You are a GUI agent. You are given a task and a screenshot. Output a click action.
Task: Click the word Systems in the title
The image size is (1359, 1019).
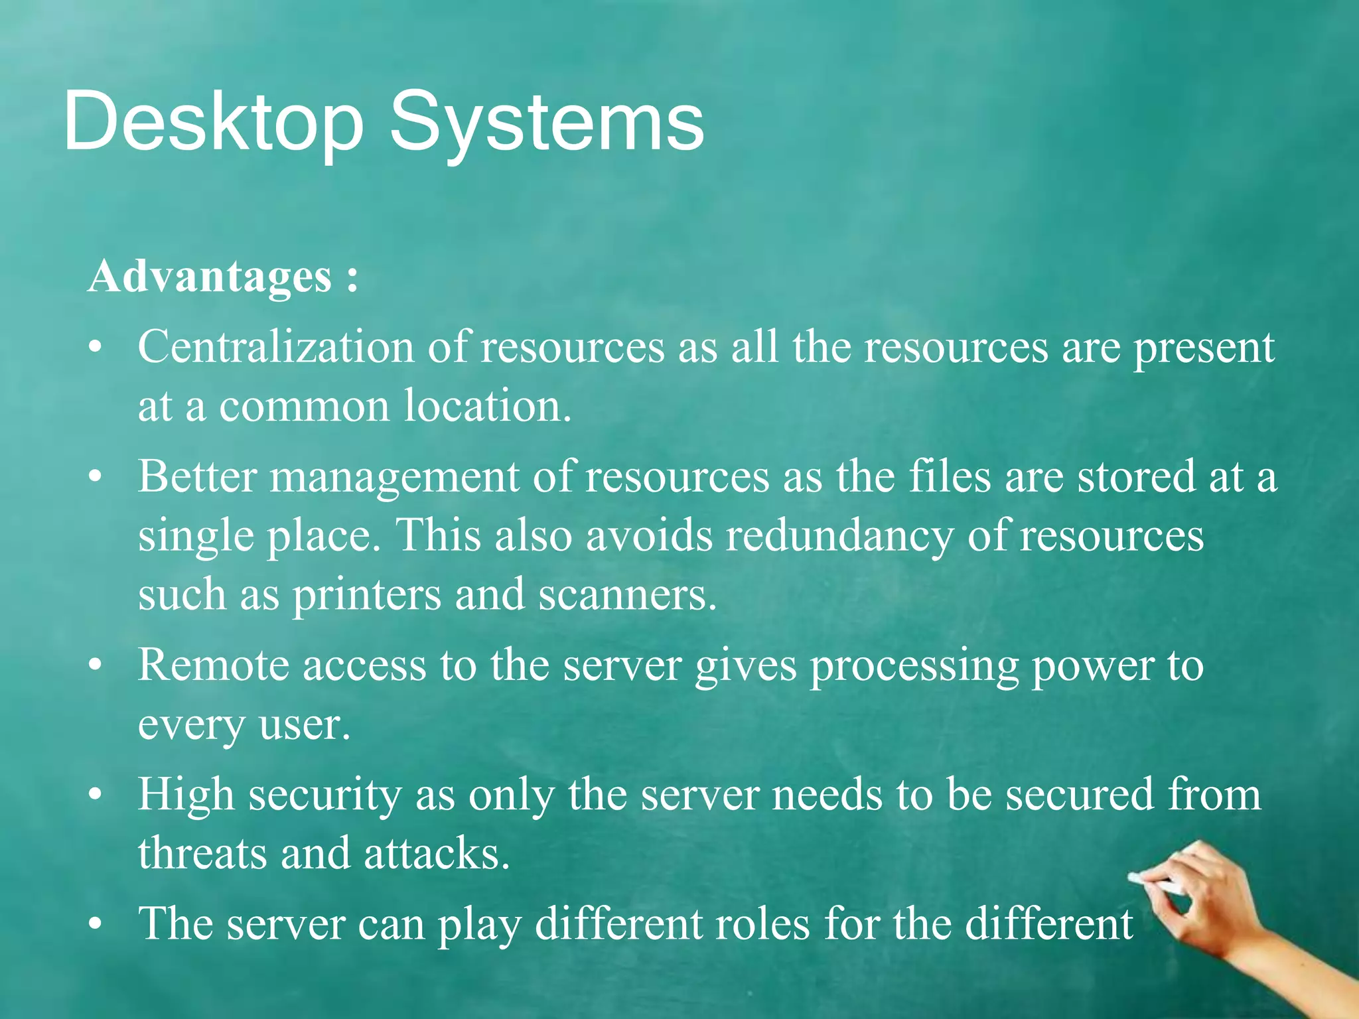(547, 123)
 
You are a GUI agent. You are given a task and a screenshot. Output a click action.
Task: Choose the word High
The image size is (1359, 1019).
(186, 795)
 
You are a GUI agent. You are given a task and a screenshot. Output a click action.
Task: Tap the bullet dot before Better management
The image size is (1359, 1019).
(96, 476)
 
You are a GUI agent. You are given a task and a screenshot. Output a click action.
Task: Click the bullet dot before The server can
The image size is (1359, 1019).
(96, 923)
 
